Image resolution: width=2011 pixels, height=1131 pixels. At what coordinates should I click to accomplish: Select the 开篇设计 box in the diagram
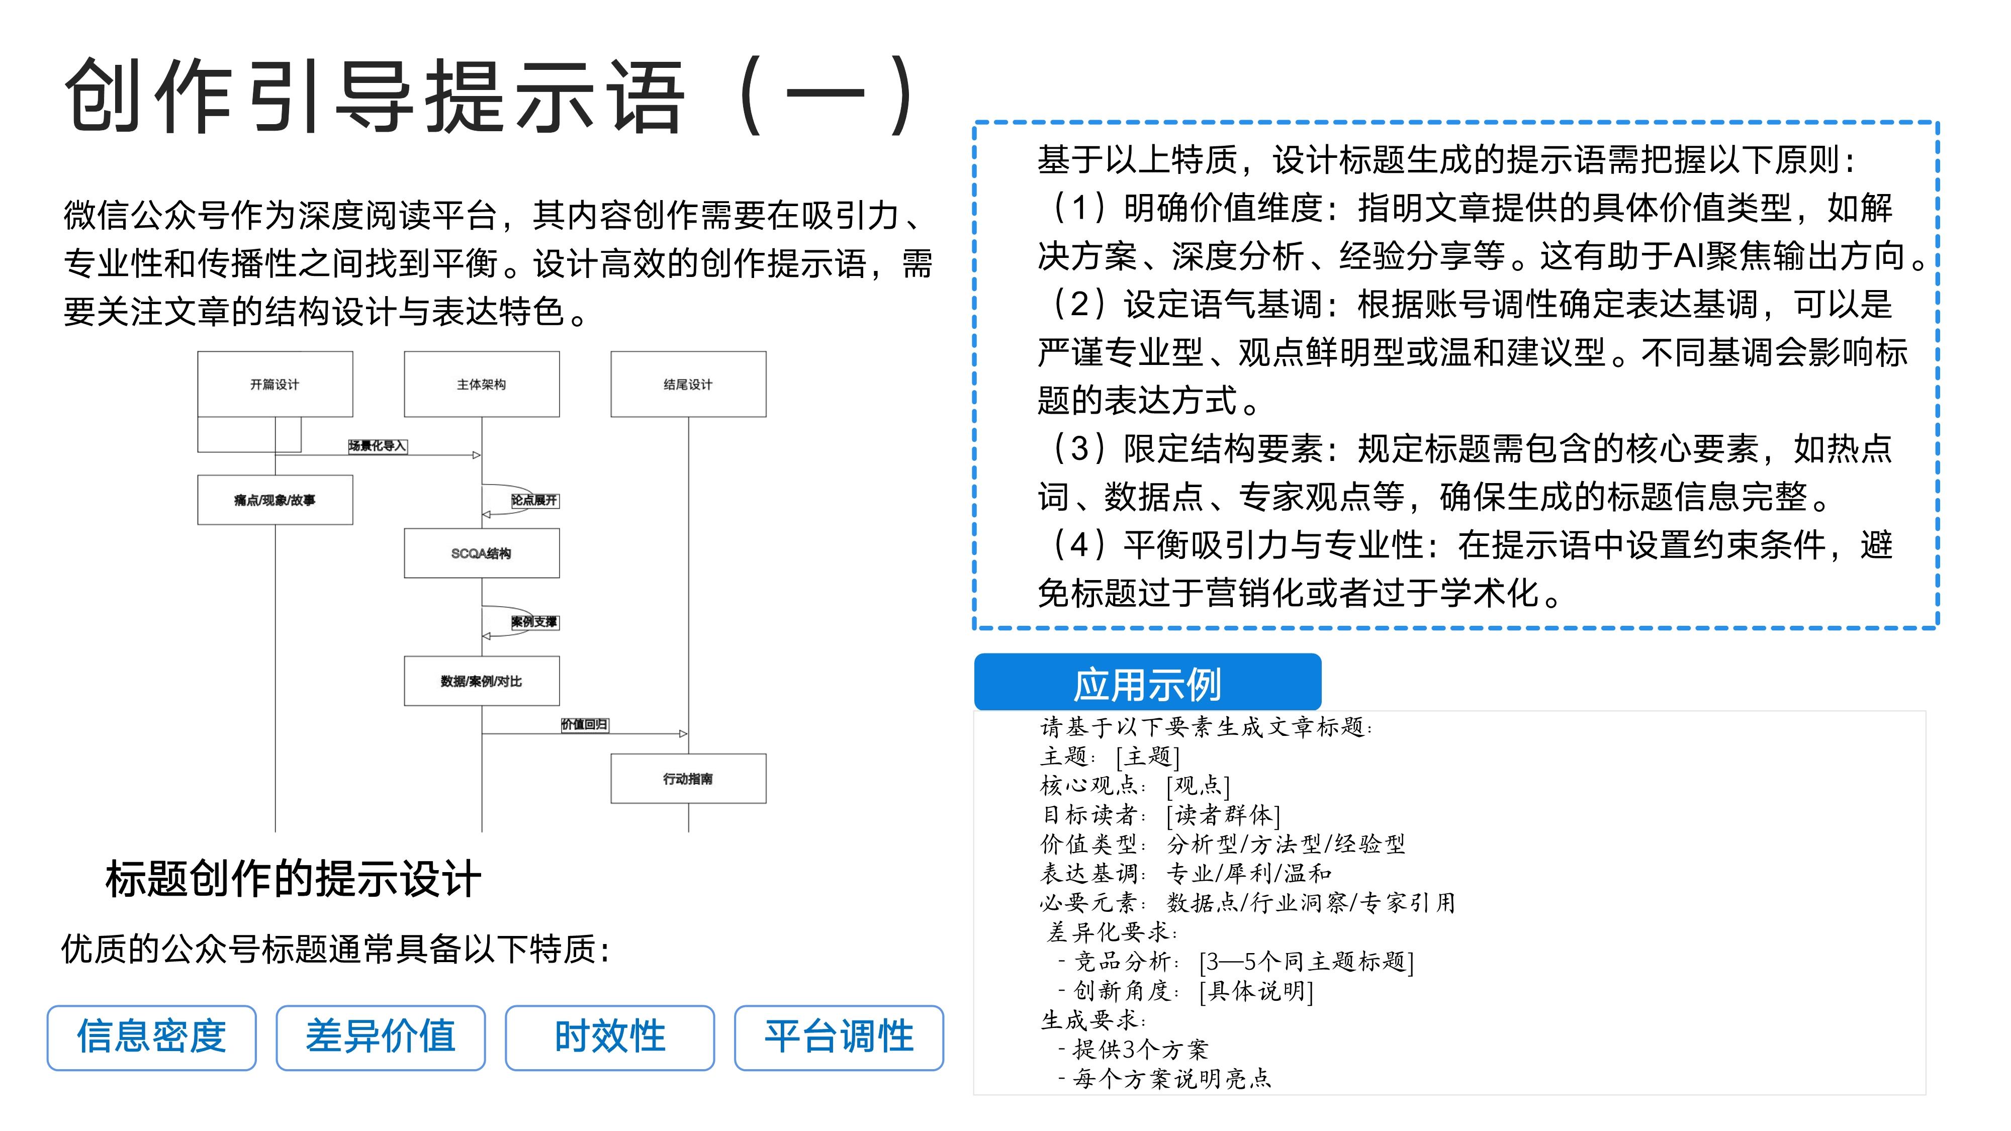[x=275, y=384]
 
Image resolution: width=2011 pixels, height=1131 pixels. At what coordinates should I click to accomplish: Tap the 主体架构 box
[x=482, y=384]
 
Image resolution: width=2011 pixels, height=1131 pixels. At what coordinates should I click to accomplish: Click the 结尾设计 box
[x=688, y=384]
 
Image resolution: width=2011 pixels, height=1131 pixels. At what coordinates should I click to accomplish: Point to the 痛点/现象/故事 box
[x=275, y=500]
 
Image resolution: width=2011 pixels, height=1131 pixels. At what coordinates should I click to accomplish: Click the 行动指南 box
[x=688, y=778]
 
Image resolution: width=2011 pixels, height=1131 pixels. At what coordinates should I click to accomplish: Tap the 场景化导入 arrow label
[x=378, y=446]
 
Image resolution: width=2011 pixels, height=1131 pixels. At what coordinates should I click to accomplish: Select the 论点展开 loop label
[x=535, y=500]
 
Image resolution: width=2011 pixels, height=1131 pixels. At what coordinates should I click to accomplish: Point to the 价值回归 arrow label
[x=585, y=724]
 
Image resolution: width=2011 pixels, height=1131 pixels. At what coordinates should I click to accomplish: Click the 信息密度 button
[x=151, y=1038]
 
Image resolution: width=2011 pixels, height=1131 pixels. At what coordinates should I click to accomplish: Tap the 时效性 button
[x=610, y=1038]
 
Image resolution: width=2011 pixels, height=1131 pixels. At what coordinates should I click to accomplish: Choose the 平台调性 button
[x=839, y=1038]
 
